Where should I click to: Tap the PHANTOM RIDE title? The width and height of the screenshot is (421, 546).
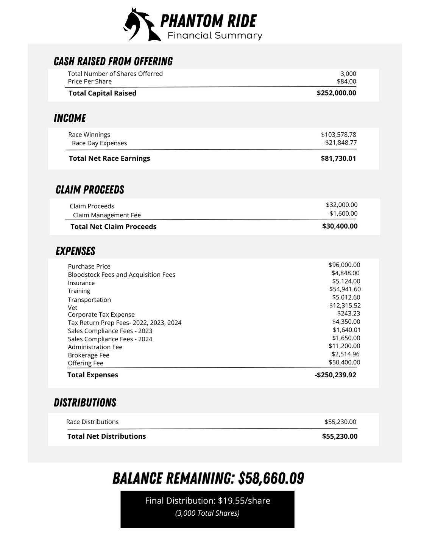pos(208,21)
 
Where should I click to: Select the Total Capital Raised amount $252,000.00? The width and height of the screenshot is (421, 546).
pos(336,93)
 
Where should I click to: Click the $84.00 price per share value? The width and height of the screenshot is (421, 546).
pos(346,82)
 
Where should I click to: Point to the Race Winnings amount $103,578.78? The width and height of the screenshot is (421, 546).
pos(338,135)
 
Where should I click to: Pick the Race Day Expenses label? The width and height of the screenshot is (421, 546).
pos(99,143)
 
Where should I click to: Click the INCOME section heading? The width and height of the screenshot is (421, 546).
pos(70,118)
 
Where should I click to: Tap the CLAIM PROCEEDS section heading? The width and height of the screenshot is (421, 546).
pos(90,190)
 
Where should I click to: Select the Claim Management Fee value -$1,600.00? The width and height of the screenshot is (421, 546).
pos(342,213)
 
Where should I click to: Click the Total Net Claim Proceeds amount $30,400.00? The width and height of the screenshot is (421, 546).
pos(340,226)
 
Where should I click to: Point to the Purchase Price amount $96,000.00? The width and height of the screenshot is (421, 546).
pos(344,265)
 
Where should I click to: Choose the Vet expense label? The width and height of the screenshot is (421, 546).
pos(72,308)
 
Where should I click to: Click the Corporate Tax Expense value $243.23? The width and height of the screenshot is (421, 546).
pos(348,314)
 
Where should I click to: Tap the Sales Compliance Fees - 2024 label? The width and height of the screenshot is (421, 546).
pos(110,339)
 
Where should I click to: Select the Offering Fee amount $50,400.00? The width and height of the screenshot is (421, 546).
pos(344,362)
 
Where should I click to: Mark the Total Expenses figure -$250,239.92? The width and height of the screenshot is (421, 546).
pos(335,375)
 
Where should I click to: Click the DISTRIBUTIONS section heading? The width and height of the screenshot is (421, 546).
pos(85,403)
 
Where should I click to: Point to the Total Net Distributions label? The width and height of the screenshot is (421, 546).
pos(106,436)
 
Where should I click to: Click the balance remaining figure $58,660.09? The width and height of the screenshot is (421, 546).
pos(271,479)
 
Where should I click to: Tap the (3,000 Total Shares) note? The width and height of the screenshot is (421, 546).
pos(207,513)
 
